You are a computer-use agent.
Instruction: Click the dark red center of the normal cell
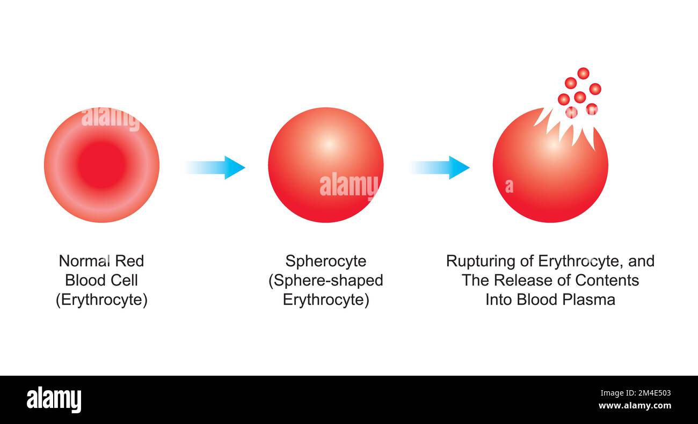[x=101, y=165]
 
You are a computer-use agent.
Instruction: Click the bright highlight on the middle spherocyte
[x=328, y=144]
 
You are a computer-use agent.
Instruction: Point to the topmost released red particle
[x=583, y=74]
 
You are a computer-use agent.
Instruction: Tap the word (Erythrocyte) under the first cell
[x=101, y=299]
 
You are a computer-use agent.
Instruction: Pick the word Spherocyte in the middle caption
[x=325, y=261]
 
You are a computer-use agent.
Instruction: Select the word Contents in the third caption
[x=607, y=280]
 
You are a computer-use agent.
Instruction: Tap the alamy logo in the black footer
[x=54, y=400]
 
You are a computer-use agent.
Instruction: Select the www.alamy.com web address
[x=635, y=406]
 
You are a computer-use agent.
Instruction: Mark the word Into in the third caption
[x=499, y=299]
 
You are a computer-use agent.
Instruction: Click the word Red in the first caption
[x=130, y=261]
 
